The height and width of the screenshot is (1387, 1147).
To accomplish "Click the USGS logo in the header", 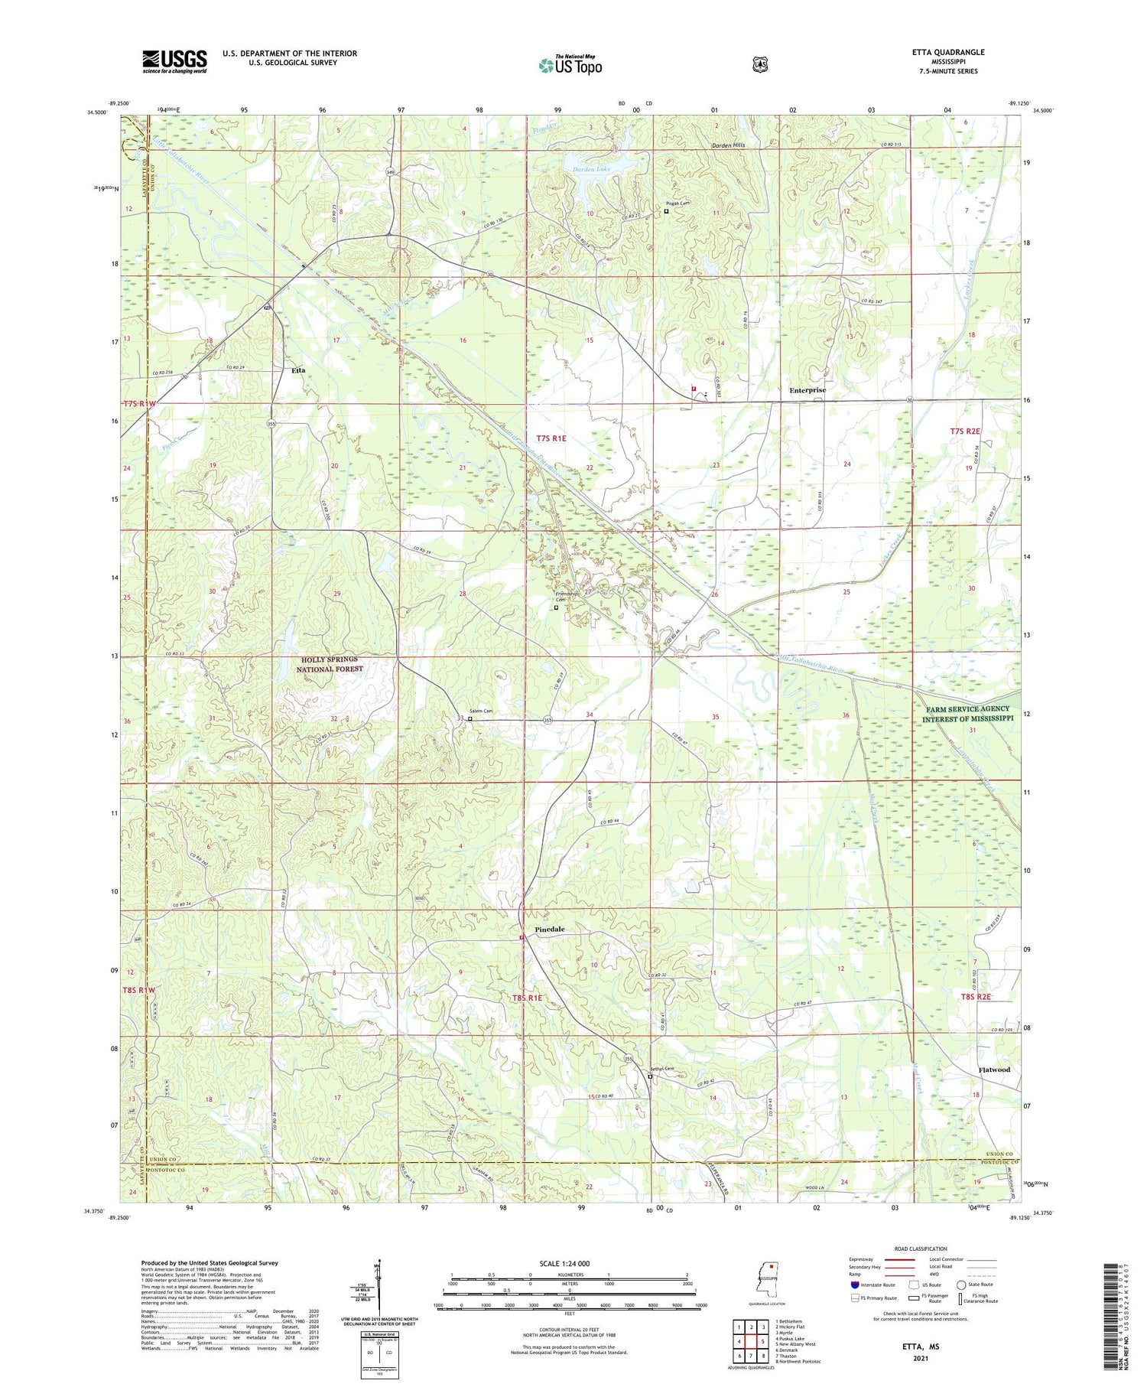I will (x=174, y=61).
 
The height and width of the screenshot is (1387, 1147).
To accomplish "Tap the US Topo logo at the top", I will (x=570, y=66).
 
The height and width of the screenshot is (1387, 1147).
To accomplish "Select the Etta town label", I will (x=298, y=370).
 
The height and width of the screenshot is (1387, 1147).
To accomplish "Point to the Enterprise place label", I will (x=807, y=390).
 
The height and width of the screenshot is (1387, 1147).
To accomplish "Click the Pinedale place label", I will (x=549, y=929).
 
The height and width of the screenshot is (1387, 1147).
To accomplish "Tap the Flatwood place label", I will (x=994, y=1070).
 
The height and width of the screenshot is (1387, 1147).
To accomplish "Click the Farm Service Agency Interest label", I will (x=967, y=714).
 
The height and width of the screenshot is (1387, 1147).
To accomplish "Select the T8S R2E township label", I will (x=975, y=997).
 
